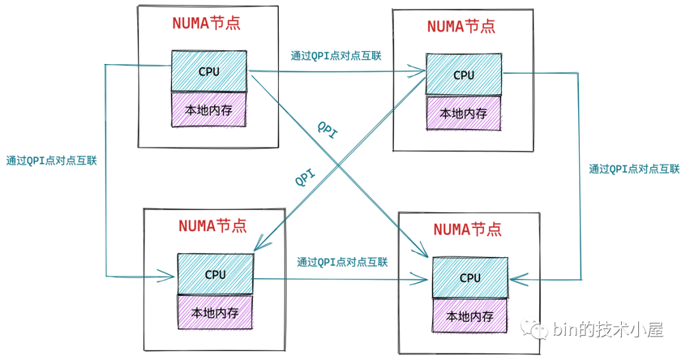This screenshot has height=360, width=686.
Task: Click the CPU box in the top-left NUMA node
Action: click(209, 71)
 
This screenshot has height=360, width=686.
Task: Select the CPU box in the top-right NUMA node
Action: click(464, 74)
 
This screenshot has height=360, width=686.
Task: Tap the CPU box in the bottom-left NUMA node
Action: click(215, 274)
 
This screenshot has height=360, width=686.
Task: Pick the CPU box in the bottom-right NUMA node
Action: click(470, 277)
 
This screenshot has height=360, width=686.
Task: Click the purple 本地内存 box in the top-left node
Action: click(208, 110)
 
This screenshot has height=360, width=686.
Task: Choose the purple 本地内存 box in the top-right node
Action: click(464, 113)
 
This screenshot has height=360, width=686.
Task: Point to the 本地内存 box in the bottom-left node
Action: click(215, 312)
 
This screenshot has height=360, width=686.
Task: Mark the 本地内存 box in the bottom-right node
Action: click(470, 316)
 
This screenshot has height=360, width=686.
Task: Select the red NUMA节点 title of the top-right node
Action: click(461, 26)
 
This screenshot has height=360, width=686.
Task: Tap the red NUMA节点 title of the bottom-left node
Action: click(213, 225)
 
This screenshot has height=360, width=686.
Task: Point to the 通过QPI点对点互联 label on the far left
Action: click(51, 161)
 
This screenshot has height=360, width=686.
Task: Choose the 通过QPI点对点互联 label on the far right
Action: click(634, 169)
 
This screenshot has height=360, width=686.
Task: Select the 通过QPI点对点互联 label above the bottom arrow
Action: click(342, 262)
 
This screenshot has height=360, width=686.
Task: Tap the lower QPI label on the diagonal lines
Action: click(306, 178)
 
